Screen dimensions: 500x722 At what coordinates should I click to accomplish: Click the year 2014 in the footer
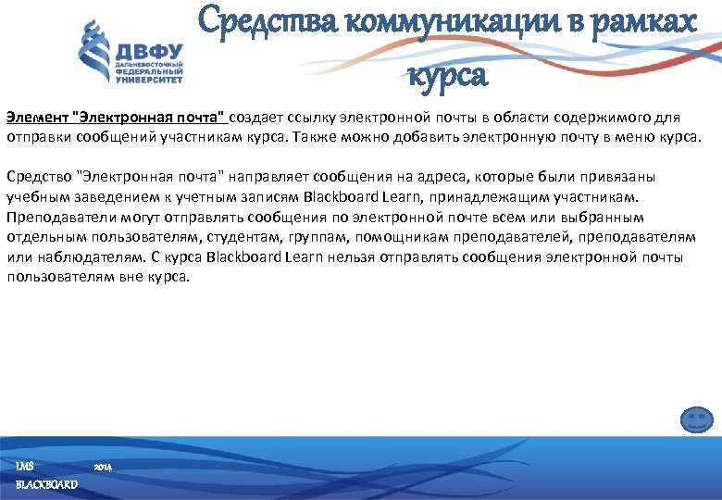(x=102, y=468)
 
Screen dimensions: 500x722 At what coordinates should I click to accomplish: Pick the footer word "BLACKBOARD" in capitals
(x=46, y=484)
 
